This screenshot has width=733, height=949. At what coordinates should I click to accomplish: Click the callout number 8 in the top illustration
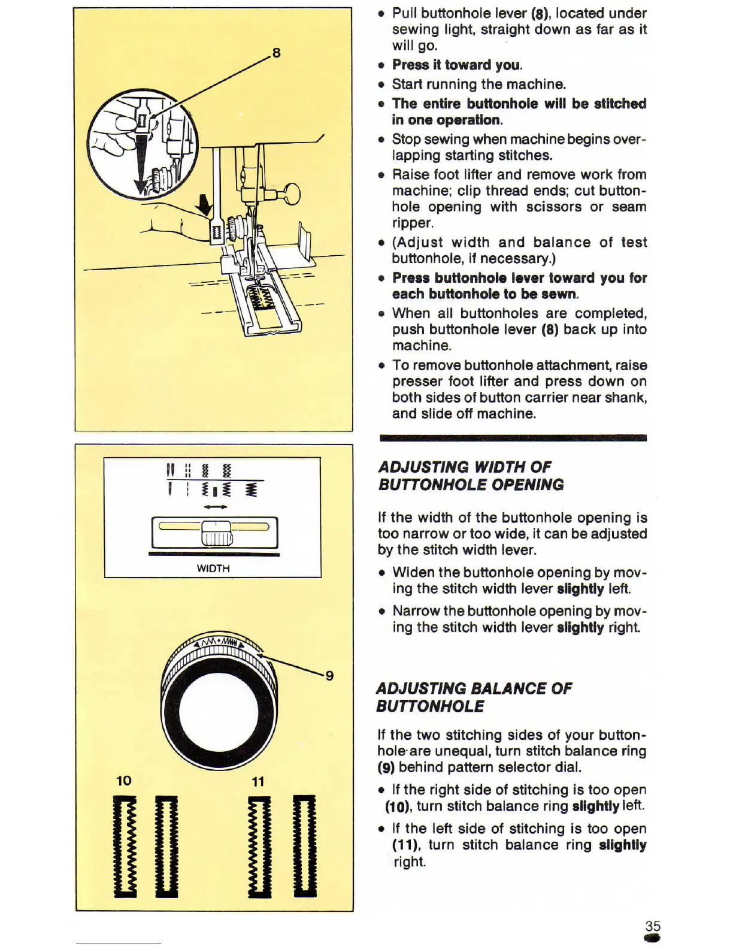(276, 53)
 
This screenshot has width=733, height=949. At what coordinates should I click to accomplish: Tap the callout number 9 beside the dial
(329, 676)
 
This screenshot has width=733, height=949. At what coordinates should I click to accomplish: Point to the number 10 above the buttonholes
(124, 781)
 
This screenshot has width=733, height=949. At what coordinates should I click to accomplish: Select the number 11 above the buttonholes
(258, 781)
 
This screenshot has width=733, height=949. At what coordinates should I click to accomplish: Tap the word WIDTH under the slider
(213, 568)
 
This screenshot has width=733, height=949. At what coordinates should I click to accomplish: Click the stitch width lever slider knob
(216, 533)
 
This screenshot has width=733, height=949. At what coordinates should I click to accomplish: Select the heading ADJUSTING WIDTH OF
(465, 467)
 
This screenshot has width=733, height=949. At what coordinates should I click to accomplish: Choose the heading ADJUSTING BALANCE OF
(474, 688)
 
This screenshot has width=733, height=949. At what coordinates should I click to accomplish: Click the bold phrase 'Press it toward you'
(456, 65)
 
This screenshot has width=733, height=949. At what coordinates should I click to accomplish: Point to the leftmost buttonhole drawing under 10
(125, 846)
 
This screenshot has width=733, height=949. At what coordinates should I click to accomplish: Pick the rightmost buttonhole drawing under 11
(304, 846)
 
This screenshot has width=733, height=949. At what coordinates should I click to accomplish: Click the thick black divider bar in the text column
(513, 438)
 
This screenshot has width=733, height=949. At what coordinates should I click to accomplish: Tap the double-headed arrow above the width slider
(216, 507)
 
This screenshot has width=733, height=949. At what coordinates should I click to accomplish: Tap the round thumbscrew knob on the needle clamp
(292, 193)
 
